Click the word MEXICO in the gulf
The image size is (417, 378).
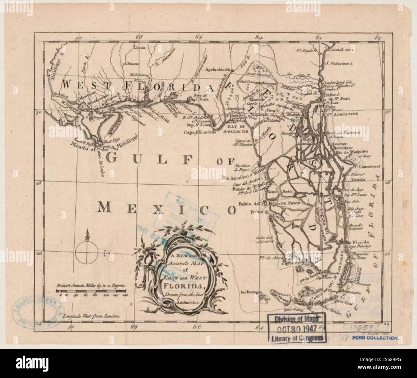[x=166, y=208]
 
